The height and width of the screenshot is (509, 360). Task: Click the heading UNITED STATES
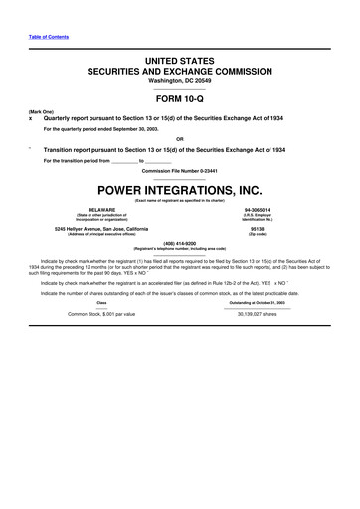(180, 62)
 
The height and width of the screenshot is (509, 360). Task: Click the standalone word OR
(180, 138)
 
